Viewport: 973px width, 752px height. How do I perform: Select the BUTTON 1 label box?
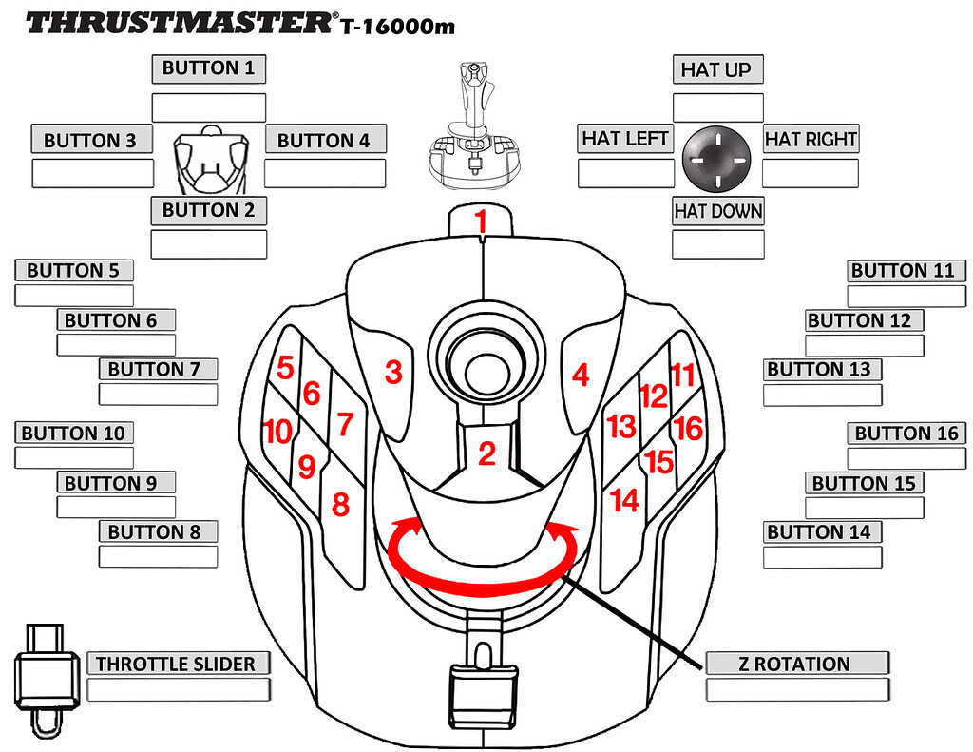tap(208, 68)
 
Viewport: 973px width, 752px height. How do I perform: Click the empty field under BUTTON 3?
tap(92, 173)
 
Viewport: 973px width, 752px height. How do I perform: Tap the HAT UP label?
tap(716, 69)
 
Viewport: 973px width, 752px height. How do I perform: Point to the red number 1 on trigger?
tap(481, 222)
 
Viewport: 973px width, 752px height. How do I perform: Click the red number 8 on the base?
tap(340, 505)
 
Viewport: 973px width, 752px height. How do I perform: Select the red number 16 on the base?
tap(687, 429)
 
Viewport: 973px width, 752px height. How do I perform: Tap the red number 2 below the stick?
tap(486, 454)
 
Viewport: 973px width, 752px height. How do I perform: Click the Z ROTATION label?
tap(797, 664)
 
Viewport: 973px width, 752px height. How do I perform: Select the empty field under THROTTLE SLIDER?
tap(179, 689)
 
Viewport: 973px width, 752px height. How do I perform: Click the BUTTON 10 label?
tap(73, 434)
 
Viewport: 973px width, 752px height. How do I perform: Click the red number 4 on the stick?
tap(581, 376)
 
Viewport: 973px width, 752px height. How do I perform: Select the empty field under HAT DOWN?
tap(717, 244)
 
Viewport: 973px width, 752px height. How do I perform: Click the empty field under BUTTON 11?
tap(906, 296)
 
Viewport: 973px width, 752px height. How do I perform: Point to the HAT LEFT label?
tap(624, 139)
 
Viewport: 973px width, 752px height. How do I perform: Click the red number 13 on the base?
tap(620, 427)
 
